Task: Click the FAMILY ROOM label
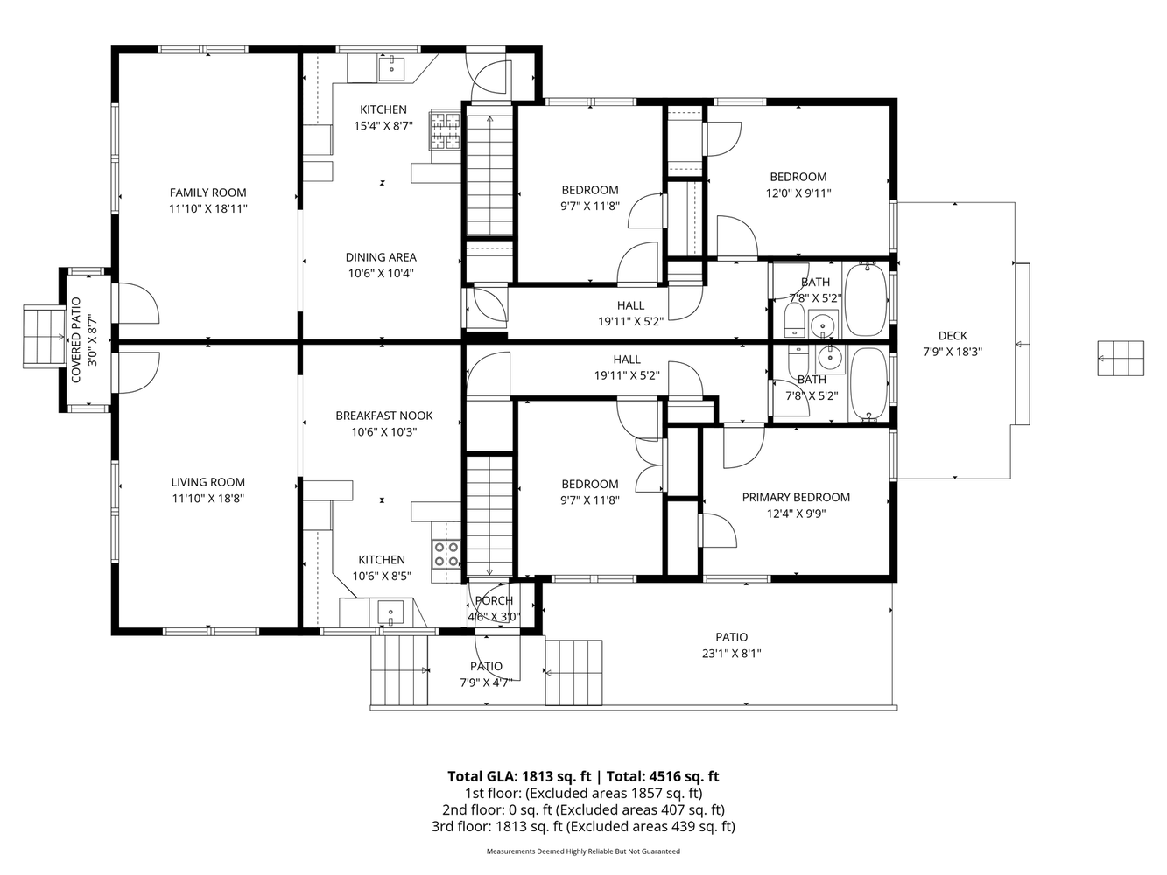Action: pos(207,192)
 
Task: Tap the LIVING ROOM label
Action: pos(207,482)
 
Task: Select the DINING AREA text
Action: pos(381,257)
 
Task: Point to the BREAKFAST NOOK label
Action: pos(383,416)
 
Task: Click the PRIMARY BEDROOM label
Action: pos(796,497)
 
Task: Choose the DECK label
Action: pos(953,335)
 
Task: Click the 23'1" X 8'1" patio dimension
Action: pos(731,653)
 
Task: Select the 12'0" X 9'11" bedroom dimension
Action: pos(798,193)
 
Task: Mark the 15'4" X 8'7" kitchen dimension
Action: pos(383,126)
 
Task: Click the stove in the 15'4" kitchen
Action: pos(445,132)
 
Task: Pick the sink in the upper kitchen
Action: pos(391,66)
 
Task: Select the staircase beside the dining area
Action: pos(489,175)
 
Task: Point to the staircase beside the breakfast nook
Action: pos(489,516)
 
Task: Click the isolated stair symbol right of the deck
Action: pos(1121,359)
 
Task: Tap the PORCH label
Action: pos(494,600)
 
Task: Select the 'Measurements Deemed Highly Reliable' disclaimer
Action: pos(583,850)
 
